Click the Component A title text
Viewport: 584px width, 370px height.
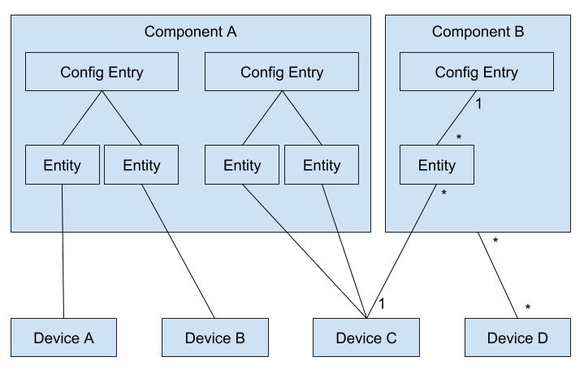[190, 33]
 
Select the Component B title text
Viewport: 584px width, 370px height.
[478, 33]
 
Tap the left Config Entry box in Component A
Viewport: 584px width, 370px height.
[102, 72]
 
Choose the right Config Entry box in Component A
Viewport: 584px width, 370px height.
[282, 72]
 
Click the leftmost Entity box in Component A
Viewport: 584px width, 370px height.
[63, 165]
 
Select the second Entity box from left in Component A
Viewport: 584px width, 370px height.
[141, 165]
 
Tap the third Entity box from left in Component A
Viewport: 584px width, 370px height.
[242, 165]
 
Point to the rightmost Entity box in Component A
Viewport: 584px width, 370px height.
[322, 165]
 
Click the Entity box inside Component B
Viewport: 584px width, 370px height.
[437, 165]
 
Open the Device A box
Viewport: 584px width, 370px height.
[63, 337]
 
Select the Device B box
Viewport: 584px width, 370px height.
[215, 337]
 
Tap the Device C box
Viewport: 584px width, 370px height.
[366, 337]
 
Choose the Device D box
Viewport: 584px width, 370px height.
[517, 337]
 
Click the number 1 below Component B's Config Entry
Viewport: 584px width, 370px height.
[479, 104]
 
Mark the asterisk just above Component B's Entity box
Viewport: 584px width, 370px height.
[459, 138]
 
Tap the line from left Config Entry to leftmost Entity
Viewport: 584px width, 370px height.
[81, 118]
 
